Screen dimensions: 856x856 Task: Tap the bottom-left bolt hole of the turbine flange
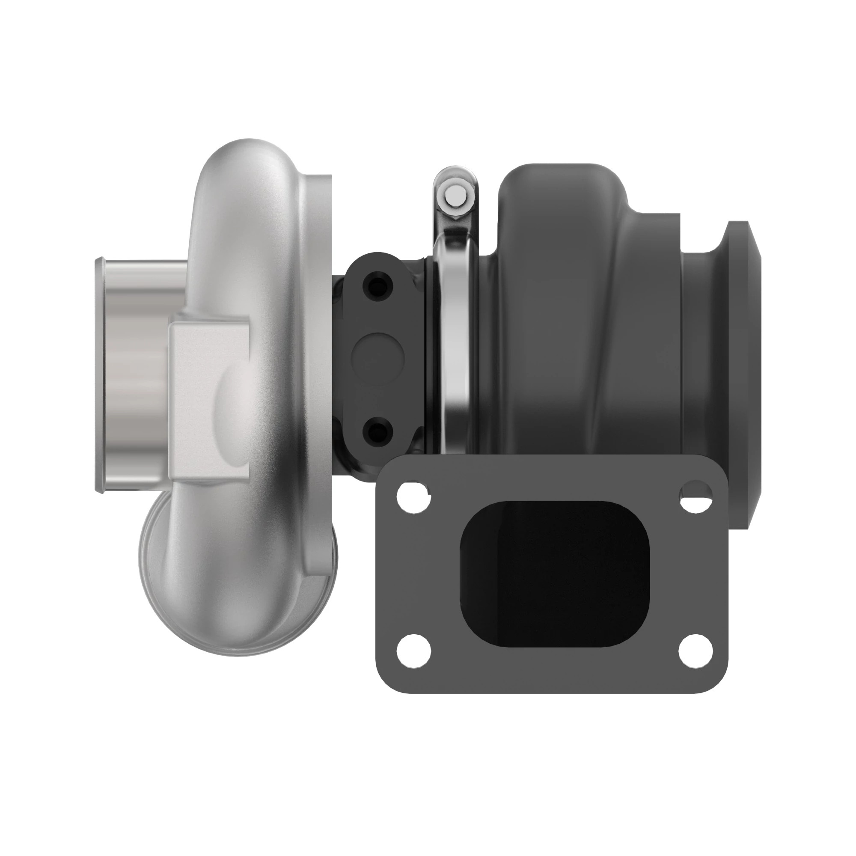(413, 653)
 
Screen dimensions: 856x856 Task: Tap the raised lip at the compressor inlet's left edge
(99, 377)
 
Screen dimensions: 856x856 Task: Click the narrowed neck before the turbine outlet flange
(702, 354)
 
